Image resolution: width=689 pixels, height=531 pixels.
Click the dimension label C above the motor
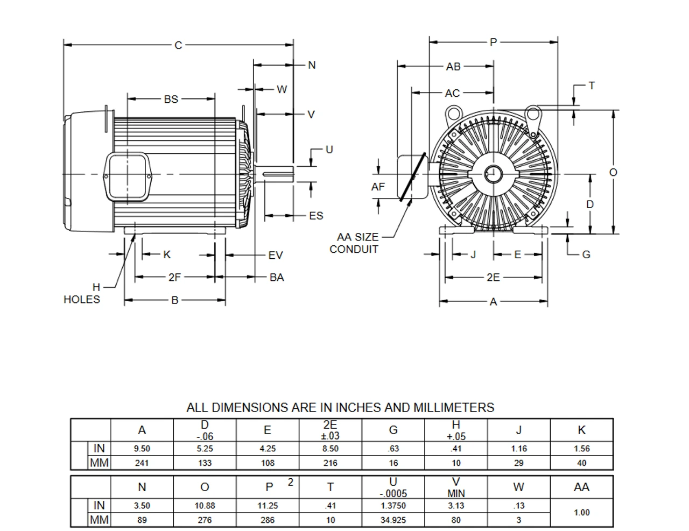179,45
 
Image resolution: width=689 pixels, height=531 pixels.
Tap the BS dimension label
171,99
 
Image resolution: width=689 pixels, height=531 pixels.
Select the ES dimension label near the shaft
316,216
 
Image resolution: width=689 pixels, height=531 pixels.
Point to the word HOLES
82,300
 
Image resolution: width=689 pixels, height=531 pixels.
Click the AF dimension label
378,187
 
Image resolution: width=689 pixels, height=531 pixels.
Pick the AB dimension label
453,67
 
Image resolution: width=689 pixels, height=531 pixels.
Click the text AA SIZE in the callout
357,237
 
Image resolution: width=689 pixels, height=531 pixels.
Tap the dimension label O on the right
613,172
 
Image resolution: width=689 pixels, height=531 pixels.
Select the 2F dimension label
174,278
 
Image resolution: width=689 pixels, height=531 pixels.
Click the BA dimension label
277,278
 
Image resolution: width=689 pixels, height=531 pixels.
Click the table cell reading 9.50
142,449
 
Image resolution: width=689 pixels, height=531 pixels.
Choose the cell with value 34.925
393,520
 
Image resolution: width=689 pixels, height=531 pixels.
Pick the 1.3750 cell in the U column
393,506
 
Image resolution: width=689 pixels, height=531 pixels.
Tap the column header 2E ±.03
330,430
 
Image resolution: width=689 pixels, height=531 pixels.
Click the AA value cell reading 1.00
581,513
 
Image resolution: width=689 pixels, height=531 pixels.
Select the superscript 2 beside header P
290,482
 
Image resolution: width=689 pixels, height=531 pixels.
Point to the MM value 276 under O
205,520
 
